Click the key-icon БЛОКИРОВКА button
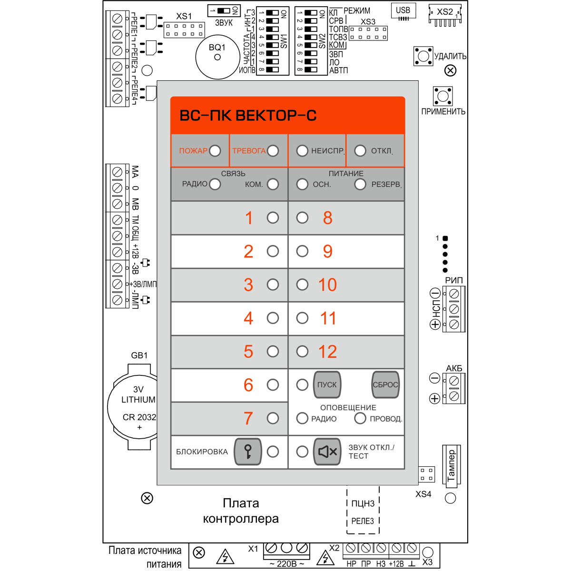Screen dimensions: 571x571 [248, 451]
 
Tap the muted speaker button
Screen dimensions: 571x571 [327, 451]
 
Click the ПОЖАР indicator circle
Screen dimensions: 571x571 [215, 151]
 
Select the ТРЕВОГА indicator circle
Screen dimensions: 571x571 [273, 151]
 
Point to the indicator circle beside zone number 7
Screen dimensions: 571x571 [273, 418]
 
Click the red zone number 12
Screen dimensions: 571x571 [327, 352]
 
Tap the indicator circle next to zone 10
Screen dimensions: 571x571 [302, 285]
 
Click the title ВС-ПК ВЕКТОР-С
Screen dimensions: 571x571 [247, 116]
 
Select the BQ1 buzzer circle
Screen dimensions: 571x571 [217, 57]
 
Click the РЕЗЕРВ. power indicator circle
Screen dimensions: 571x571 [360, 184]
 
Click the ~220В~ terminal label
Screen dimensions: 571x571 [287, 564]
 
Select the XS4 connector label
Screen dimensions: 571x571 [423, 494]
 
